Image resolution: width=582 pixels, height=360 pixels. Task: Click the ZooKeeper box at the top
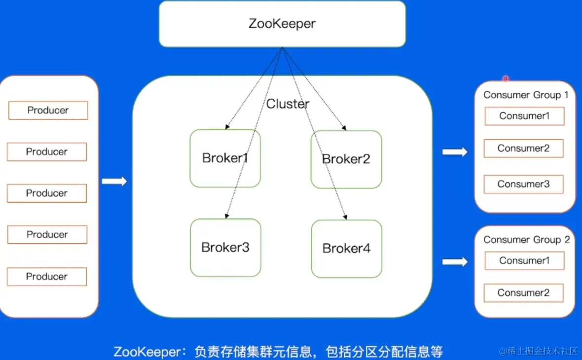282,24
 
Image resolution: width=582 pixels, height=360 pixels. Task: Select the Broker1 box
225,158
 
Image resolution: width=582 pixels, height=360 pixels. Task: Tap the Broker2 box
346,159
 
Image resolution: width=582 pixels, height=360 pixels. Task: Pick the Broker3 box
225,248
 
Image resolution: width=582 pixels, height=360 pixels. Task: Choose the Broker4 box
347,249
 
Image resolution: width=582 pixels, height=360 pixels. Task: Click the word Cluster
288,104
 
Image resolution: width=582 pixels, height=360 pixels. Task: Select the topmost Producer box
48,110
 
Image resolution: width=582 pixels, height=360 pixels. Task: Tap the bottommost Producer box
47,277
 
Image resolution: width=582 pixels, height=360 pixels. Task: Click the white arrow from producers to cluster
114,181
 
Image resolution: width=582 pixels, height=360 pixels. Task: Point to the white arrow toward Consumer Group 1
455,152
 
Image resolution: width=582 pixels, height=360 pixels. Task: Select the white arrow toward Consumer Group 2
455,262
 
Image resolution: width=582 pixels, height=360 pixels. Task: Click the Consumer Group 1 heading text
526,95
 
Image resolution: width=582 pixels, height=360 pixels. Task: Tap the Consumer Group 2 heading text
526,240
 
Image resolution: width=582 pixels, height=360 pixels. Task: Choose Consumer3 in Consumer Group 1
524,184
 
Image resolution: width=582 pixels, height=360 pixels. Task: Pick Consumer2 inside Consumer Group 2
524,293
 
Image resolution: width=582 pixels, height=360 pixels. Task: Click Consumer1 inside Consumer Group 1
524,116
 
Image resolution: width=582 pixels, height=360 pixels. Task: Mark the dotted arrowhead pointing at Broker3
226,216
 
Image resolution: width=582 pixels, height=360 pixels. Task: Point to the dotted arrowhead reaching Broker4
345,216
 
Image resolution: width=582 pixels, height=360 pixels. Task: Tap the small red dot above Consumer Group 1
506,78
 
